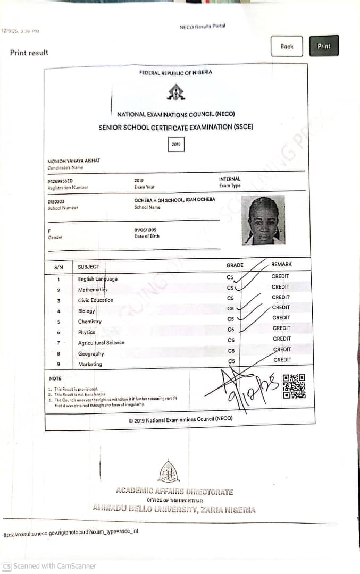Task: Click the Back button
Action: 287,46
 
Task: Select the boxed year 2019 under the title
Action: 176,144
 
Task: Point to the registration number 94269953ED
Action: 60,181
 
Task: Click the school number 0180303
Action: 56,201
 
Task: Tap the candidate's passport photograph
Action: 263,220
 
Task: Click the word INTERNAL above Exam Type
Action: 230,179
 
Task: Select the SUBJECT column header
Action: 89,267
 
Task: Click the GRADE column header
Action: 235,265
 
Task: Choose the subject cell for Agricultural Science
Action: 101,343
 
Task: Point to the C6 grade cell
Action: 231,340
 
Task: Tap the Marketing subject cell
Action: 90,364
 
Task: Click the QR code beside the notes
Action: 294,386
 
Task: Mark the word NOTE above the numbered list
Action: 55,378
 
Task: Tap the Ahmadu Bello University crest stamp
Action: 169,471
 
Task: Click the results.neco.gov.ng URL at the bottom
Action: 70,531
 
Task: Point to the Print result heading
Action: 29,53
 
